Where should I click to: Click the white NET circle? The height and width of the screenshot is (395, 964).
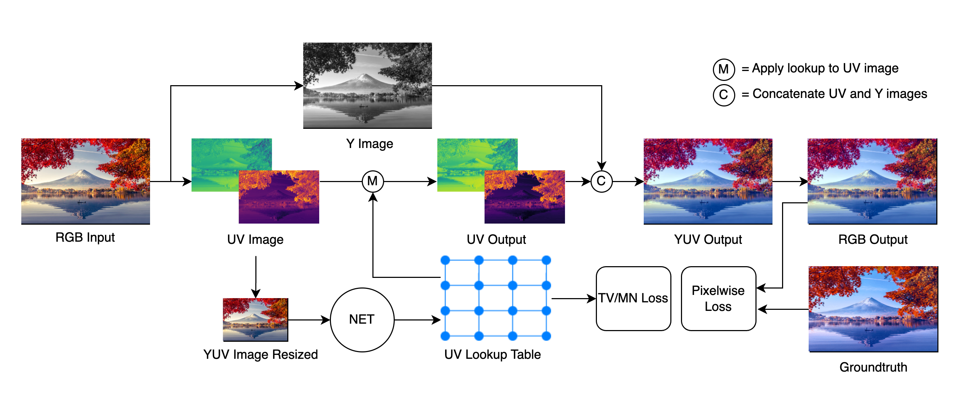362,319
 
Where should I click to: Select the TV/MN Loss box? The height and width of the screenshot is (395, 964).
633,298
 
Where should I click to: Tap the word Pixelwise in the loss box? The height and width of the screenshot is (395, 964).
718,291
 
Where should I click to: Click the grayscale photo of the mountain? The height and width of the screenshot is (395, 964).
367,85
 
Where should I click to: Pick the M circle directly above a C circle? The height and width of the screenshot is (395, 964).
724,69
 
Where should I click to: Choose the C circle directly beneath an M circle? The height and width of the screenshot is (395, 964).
724,95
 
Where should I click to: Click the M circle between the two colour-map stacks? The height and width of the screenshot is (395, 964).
373,181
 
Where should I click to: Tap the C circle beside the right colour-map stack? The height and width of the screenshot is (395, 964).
602,181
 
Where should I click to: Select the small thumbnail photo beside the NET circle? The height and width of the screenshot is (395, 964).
255,319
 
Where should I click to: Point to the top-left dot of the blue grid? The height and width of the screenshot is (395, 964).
445,260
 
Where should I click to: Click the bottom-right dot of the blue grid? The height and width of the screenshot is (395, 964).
546,336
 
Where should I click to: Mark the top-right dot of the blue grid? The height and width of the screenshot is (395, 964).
546,260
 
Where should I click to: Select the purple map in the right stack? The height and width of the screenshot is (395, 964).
525,197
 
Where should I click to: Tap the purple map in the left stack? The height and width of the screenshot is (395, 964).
279,197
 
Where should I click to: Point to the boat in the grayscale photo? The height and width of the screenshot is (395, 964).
363,106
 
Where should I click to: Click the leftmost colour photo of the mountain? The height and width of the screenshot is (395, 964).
85,181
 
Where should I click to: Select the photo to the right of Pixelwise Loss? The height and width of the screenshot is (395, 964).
873,308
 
